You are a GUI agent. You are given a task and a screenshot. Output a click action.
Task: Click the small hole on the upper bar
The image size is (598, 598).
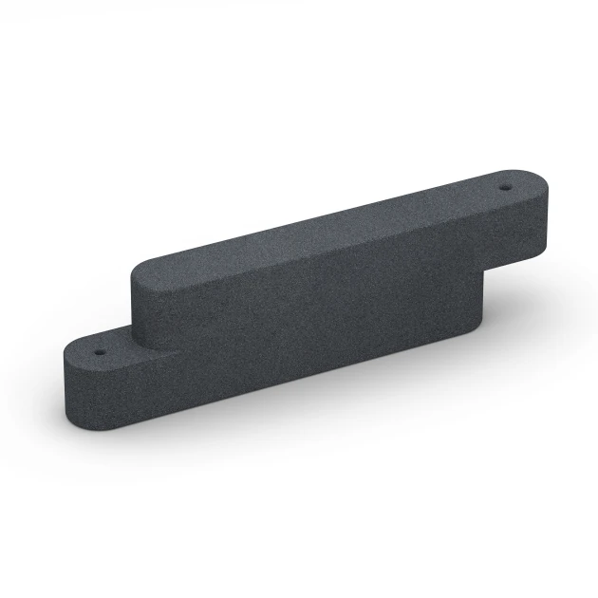(x=505, y=186)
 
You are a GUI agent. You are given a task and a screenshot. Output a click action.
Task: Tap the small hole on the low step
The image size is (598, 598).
(x=96, y=348)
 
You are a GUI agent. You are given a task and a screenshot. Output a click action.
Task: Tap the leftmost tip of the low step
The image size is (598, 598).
(x=64, y=370)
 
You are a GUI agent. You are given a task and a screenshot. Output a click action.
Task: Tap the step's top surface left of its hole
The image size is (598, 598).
(x=79, y=353)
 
